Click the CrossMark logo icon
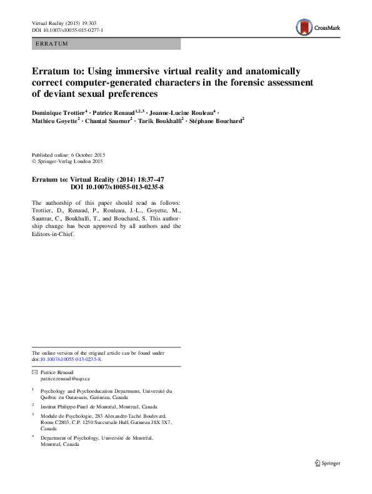click(303, 27)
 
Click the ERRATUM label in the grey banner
click(51, 44)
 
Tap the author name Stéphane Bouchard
click(216, 122)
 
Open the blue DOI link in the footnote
click(71, 360)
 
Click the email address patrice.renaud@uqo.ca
click(65, 378)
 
